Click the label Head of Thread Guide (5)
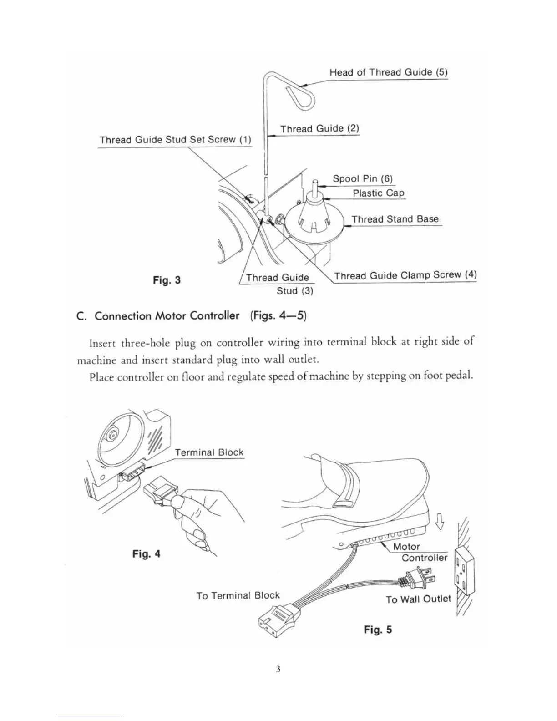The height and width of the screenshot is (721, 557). [x=388, y=72]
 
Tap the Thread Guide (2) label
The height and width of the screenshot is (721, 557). [x=319, y=129]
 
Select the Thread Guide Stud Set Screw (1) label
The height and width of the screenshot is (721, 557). [x=175, y=140]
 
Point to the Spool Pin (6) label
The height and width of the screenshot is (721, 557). [x=362, y=178]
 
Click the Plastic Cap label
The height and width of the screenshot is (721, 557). [x=378, y=193]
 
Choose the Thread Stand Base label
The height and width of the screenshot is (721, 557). [x=395, y=219]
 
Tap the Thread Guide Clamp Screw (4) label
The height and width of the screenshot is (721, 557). [x=405, y=275]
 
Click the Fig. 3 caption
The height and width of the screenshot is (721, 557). [x=167, y=280]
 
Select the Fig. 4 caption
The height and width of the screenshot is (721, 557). [x=146, y=554]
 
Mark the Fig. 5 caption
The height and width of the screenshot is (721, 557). [x=378, y=630]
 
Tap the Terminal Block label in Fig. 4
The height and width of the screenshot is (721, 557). [x=209, y=452]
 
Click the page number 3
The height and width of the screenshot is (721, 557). [x=278, y=669]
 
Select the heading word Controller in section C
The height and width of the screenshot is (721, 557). [x=214, y=315]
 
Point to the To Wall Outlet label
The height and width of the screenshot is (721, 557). [x=418, y=599]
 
